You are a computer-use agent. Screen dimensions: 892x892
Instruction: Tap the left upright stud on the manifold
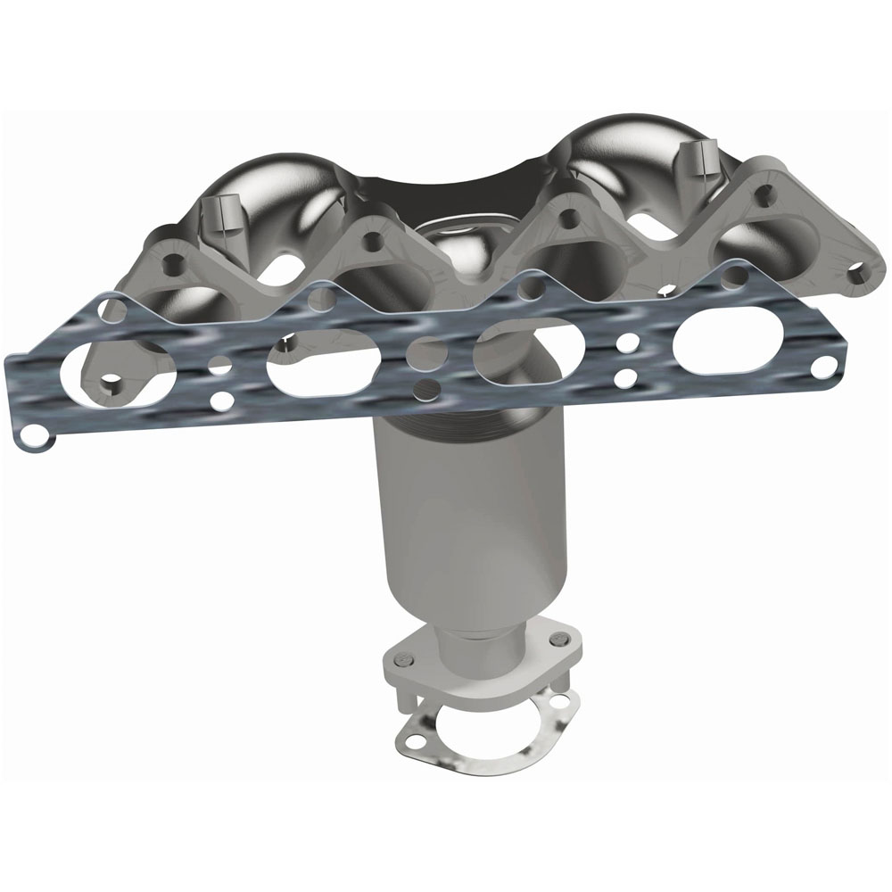coord(214,214)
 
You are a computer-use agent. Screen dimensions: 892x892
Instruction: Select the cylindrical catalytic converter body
coord(473,526)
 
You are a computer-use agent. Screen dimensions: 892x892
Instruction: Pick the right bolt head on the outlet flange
coord(558,639)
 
